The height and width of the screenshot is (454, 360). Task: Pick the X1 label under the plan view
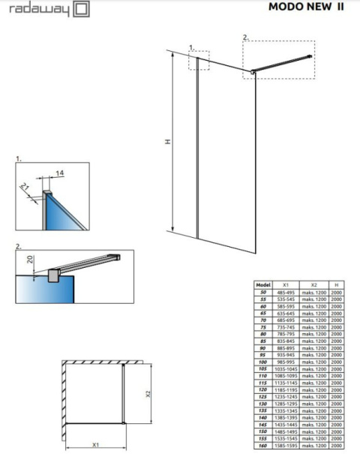point(95,444)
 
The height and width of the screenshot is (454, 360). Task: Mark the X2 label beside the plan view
point(148,392)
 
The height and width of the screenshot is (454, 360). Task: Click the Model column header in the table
point(262,285)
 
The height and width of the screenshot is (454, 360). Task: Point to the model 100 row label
point(262,362)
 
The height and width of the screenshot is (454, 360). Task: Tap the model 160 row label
point(262,447)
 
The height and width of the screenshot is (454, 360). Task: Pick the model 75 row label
point(262,327)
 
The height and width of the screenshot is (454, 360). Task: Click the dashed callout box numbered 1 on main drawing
point(199,60)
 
